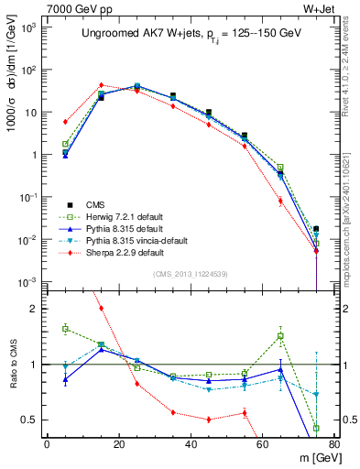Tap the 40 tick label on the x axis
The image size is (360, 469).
[x=190, y=444]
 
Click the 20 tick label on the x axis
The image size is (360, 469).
[x=118, y=444]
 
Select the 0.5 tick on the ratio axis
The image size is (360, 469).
[x=30, y=420]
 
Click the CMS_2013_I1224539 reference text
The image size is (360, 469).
[x=183, y=272]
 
